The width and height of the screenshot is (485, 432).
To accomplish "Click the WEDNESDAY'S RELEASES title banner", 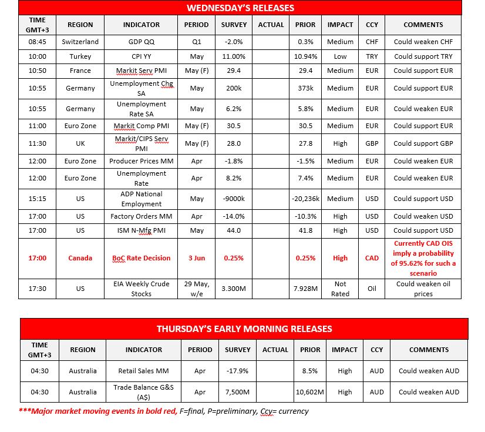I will [240, 8].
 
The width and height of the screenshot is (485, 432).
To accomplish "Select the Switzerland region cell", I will [80, 42].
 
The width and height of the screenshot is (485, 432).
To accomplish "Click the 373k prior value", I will [305, 88].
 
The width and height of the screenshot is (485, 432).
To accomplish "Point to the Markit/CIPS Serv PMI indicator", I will [142, 143].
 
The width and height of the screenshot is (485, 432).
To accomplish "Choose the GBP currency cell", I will [372, 143].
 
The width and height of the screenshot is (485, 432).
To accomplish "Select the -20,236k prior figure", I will [305, 199].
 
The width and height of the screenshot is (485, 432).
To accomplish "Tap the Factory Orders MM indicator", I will [142, 216].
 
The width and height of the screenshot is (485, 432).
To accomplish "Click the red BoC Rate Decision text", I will [142, 257].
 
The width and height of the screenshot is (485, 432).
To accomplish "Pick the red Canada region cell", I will [80, 257].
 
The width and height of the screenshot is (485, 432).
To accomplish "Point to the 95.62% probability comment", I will [423, 257].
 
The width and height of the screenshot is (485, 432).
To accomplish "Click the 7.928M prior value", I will [305, 289].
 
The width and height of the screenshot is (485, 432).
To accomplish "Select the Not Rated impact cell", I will [340, 289].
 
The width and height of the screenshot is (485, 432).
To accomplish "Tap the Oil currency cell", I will [372, 289].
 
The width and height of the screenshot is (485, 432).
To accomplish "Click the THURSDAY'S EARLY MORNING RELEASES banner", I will [244, 329].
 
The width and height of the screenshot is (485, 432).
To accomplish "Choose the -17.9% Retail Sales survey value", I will [237, 371].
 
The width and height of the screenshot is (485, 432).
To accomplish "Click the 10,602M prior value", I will [309, 392].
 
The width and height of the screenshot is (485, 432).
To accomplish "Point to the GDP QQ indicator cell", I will [142, 42].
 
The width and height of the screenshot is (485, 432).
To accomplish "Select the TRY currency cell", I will [372, 56].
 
